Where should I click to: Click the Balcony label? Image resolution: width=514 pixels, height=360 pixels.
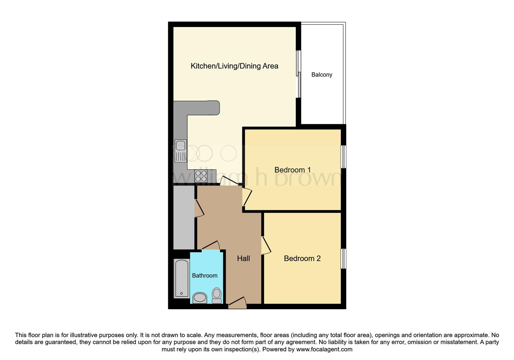322,75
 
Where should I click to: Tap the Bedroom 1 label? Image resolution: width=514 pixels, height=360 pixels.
292,170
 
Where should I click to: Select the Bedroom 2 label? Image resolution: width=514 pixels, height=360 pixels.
302,258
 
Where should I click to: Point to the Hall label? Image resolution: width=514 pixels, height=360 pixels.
243,258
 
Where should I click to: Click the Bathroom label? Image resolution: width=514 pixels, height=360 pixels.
205,276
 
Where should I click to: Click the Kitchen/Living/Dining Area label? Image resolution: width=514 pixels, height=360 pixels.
234,66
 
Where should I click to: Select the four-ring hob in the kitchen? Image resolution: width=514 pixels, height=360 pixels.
201,176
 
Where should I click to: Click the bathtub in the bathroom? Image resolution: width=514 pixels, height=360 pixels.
182,278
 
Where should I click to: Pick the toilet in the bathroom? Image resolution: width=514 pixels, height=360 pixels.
217,295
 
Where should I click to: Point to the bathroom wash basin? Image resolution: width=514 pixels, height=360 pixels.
200,298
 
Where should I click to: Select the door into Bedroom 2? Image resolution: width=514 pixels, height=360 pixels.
266,246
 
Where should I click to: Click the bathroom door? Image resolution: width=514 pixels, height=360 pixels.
211,246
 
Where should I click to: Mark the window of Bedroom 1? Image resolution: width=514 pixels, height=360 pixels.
343,157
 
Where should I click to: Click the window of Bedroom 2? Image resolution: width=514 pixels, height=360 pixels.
343,258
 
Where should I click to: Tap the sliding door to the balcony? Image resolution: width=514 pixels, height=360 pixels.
299,74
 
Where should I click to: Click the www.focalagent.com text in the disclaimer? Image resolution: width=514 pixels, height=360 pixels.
324,349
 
